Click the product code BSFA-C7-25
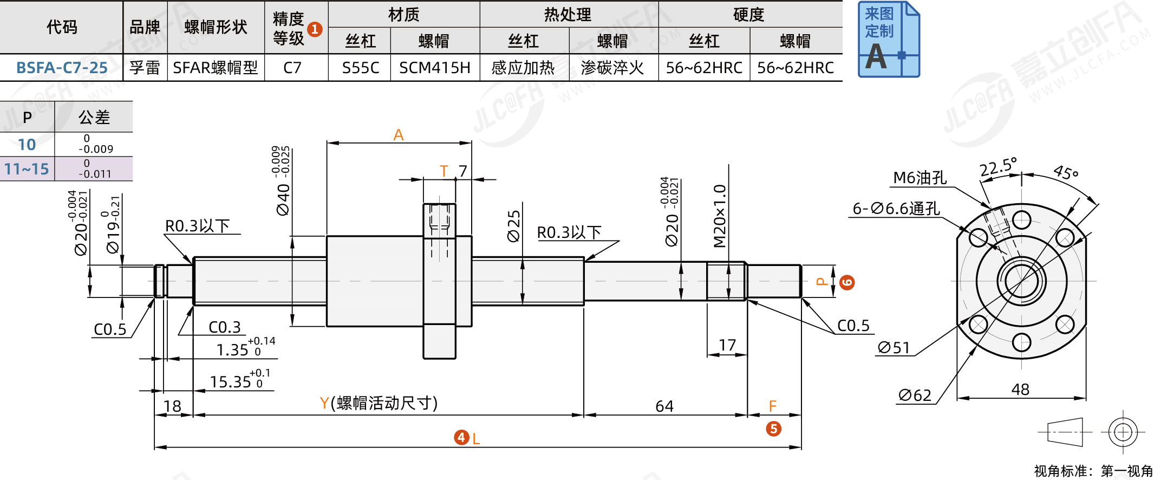point(62,68)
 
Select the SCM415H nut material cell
point(434,68)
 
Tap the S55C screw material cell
point(360,68)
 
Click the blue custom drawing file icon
point(889,40)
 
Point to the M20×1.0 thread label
point(720,216)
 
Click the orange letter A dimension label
point(399,135)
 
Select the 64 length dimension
point(664,406)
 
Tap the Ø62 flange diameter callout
point(915,395)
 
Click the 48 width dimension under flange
point(1020,389)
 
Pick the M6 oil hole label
point(920,178)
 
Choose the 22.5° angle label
point(998,167)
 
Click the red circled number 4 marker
point(461,437)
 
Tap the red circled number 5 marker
point(773,429)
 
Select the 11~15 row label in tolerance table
point(27,169)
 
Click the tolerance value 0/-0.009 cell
point(95,144)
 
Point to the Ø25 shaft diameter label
point(513,226)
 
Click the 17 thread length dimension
point(727,345)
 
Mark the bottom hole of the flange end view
point(1021,342)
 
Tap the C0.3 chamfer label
point(224,327)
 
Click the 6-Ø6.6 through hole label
point(896,209)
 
